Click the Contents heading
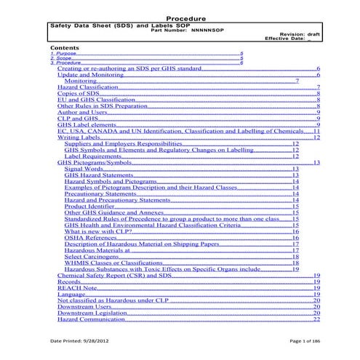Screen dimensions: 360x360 point(65,47)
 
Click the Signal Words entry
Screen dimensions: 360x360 point(82,168)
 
